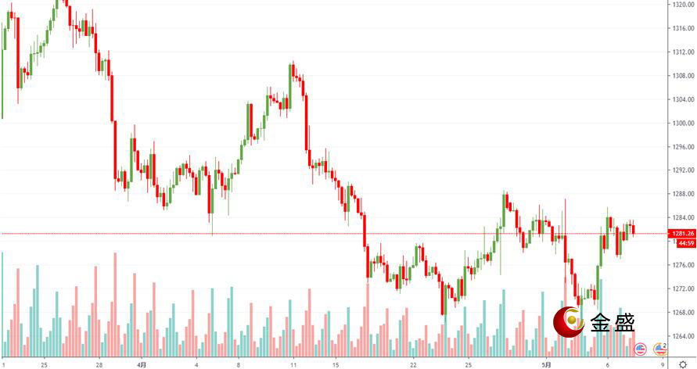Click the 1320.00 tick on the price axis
point(683,5)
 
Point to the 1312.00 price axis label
point(683,52)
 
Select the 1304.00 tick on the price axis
point(683,99)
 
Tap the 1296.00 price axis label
point(683,147)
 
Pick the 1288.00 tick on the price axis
point(683,194)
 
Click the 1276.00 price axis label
point(683,265)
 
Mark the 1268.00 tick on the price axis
point(683,313)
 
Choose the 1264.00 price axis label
point(683,336)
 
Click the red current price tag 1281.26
point(682,233)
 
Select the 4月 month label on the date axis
point(141,364)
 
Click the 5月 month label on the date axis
point(546,364)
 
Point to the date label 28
point(99,364)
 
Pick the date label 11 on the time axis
point(293,364)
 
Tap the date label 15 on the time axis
point(334,364)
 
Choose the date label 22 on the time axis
point(412,364)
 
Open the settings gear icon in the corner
point(683,364)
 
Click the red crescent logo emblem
point(569,321)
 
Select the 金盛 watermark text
point(613,322)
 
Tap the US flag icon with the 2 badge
point(659,349)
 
